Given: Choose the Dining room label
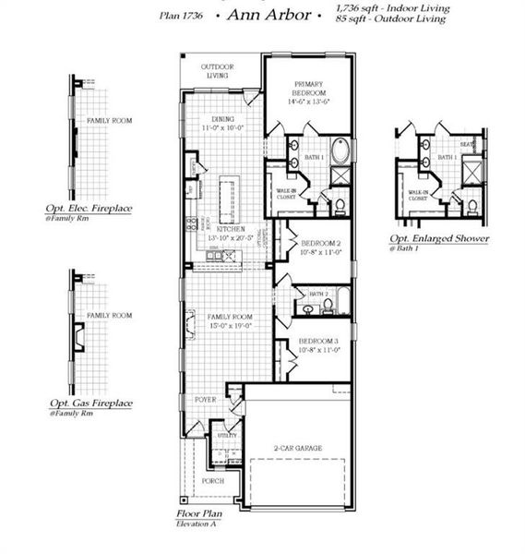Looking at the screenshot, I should pyautogui.click(x=222, y=119).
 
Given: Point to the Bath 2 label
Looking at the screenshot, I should pyautogui.click(x=318, y=294).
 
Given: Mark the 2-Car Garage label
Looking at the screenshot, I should pyautogui.click(x=297, y=449).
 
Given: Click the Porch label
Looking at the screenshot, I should pyautogui.click(x=211, y=481).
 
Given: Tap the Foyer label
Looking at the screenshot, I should pyautogui.click(x=204, y=399).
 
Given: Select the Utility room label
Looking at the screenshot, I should pyautogui.click(x=227, y=434).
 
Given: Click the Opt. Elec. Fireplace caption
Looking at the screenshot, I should pyautogui.click(x=89, y=209).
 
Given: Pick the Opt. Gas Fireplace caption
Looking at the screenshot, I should pyautogui.click(x=89, y=403).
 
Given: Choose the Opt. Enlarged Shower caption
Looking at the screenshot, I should pyautogui.click(x=439, y=239).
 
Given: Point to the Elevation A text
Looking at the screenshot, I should pyautogui.click(x=196, y=524).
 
